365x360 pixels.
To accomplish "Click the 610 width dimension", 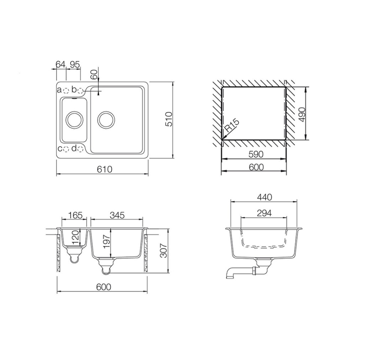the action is [105, 169].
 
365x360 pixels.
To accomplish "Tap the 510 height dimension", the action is [169, 119].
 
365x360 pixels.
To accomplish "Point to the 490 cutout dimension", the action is [302, 115].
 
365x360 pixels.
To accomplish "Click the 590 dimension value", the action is [255, 154].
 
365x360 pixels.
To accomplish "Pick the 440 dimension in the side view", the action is [264, 197].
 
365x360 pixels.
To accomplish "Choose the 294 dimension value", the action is [264, 213].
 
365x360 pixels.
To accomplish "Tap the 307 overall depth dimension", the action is [164, 251].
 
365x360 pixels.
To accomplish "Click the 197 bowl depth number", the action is [106, 242].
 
